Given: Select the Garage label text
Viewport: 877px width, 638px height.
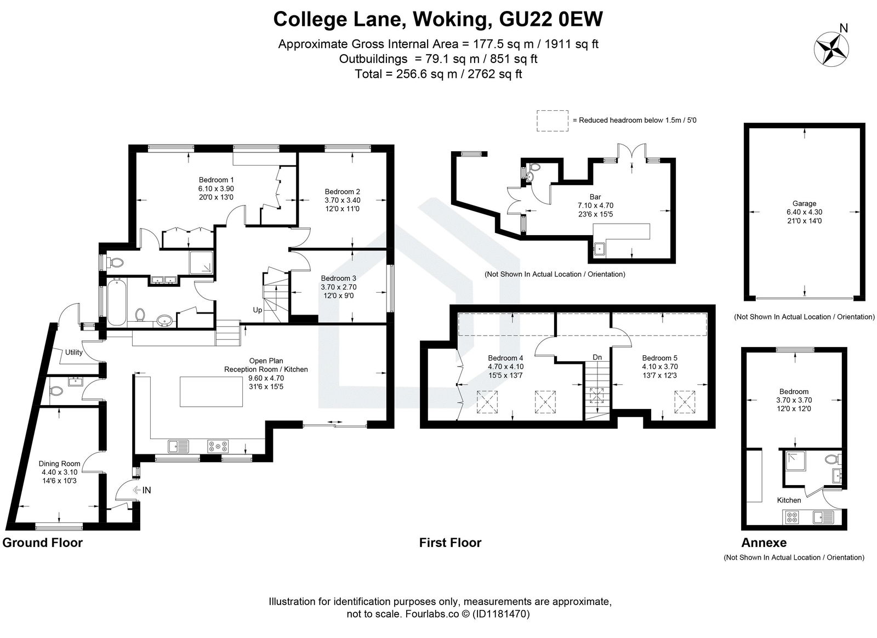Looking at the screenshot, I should (804, 203).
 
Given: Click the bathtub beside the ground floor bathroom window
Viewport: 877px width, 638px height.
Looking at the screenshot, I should (115, 302).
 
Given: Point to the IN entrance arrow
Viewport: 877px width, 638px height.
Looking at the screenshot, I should (138, 490).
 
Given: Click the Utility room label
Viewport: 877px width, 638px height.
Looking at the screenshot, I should (74, 352).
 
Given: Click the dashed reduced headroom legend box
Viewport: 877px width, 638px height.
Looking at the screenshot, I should (553, 120).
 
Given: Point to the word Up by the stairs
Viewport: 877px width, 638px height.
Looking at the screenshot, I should (257, 310).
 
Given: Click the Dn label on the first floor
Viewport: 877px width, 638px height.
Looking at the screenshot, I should (597, 357).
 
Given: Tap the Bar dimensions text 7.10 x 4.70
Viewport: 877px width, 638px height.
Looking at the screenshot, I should (595, 206).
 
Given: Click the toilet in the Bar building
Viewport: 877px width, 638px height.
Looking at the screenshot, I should (529, 175).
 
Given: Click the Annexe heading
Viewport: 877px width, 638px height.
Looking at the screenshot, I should (764, 543).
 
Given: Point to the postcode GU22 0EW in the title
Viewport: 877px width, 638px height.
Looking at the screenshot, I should (551, 19).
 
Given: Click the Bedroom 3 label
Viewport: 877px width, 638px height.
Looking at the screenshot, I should (338, 278).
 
